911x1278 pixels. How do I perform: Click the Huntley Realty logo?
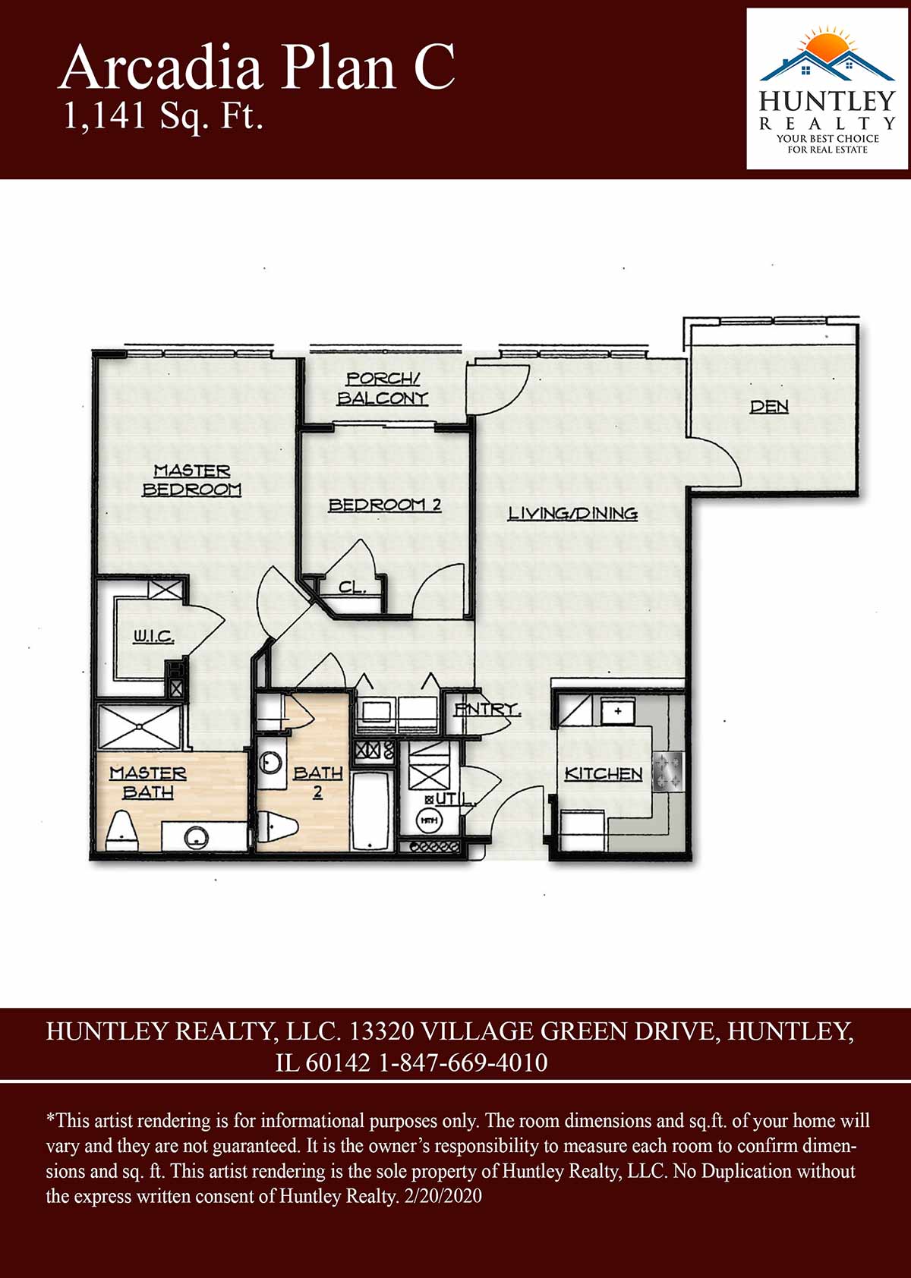(x=827, y=89)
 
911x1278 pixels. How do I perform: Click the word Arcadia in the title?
(x=160, y=68)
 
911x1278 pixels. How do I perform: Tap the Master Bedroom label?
(x=192, y=480)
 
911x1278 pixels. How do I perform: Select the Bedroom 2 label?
(x=385, y=505)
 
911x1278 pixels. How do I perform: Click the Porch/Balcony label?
(x=383, y=389)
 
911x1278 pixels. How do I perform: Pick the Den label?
(x=769, y=406)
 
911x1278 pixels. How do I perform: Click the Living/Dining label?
(x=572, y=514)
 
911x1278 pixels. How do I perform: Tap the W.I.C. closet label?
(x=153, y=636)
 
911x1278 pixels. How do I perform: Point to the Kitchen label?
(x=604, y=773)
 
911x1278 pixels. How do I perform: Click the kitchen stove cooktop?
(x=668, y=773)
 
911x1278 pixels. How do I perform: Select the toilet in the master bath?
(x=123, y=829)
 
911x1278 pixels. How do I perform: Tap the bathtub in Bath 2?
(x=370, y=811)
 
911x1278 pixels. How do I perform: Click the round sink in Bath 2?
(x=271, y=762)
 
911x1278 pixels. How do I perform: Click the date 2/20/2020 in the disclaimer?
(x=443, y=1196)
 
